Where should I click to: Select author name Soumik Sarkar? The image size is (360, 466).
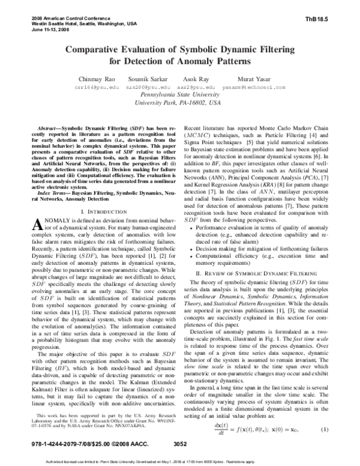pos(148,79)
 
